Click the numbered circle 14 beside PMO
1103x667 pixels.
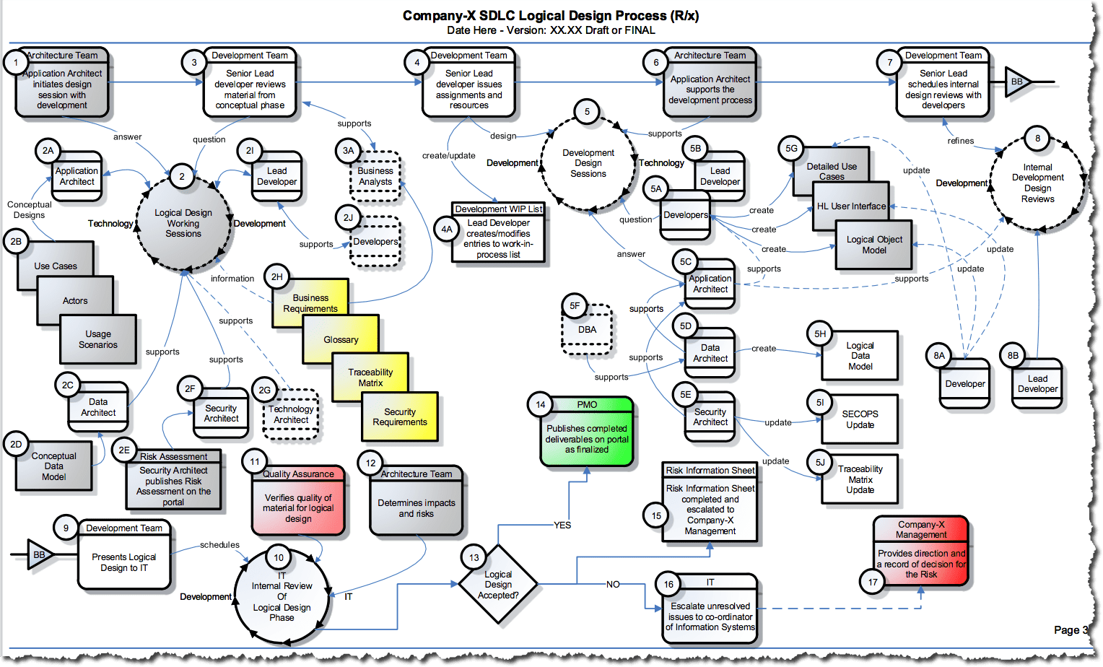pos(540,405)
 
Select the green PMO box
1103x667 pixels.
pos(587,433)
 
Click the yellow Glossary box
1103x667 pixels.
pos(341,339)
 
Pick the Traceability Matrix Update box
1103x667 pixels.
pos(860,479)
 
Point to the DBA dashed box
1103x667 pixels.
pos(587,330)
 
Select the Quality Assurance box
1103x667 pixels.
pos(298,502)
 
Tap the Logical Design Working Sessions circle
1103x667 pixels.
pos(183,223)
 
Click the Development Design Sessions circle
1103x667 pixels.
pos(588,163)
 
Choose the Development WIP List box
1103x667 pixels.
pos(498,232)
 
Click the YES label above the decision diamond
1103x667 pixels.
pos(562,525)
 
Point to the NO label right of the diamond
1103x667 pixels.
pos(613,584)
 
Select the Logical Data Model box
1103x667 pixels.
pos(860,356)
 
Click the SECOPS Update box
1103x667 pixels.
pos(860,419)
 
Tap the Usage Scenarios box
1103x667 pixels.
pos(98,339)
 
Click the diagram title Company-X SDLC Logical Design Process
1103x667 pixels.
pos(550,15)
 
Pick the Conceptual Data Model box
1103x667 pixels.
pos(54,466)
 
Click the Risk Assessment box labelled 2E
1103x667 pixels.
pos(174,481)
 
